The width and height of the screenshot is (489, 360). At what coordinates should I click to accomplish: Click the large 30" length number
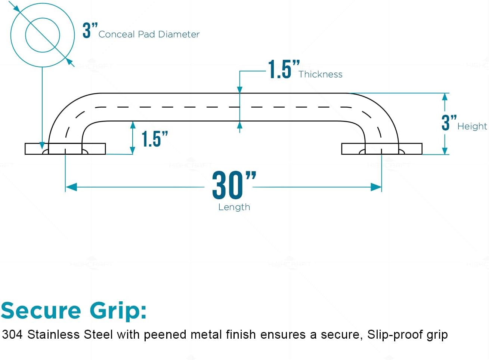tap(233, 185)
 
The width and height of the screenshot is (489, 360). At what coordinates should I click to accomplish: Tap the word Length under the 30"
tap(234, 207)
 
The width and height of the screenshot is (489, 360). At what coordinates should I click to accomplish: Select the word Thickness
tap(320, 74)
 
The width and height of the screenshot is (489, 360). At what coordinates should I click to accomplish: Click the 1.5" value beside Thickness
tap(283, 70)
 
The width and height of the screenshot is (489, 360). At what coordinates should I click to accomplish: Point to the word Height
tap(472, 126)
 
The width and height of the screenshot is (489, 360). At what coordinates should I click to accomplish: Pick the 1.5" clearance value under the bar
tap(154, 139)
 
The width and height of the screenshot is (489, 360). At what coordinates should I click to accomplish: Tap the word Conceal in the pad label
tap(117, 34)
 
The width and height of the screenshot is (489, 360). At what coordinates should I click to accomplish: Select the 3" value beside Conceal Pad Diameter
tap(89, 30)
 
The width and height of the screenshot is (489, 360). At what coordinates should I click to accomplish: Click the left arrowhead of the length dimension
tap(71, 187)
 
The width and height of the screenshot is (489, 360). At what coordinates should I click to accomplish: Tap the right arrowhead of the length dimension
tap(376, 187)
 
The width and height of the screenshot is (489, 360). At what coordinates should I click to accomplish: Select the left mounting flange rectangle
tap(65, 149)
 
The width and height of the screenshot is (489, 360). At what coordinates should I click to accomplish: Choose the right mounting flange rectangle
tap(382, 149)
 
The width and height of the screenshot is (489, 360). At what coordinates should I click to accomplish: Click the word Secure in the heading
tap(41, 311)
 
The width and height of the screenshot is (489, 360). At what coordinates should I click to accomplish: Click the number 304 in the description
tap(12, 334)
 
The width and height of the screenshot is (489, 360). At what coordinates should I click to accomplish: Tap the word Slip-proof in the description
tap(394, 335)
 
